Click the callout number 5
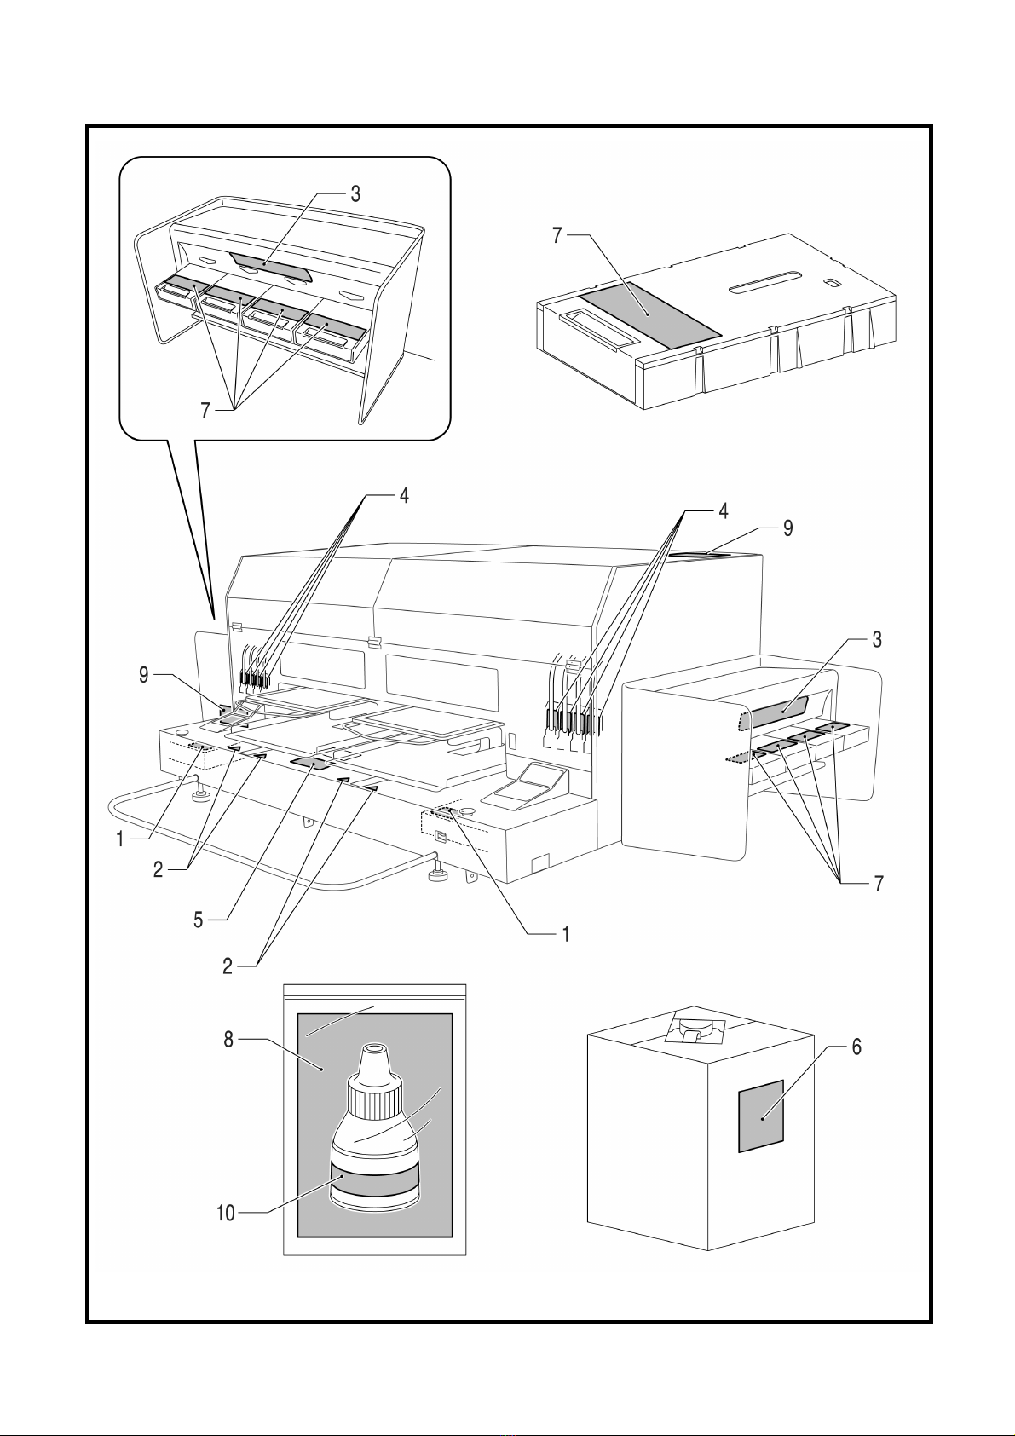pos(198,920)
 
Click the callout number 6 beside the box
pos(856,1047)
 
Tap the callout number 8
pos(228,1041)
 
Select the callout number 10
pos(225,1213)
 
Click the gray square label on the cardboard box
pos(760,1116)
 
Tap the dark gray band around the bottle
pos(374,1181)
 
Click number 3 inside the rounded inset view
pos(355,194)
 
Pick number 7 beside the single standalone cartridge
pos(557,235)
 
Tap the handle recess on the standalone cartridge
pos(597,329)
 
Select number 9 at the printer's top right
pos(788,528)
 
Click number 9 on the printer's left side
pos(144,676)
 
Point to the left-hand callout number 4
pos(404,495)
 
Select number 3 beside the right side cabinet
pos(877,639)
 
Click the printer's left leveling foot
pos(202,796)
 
